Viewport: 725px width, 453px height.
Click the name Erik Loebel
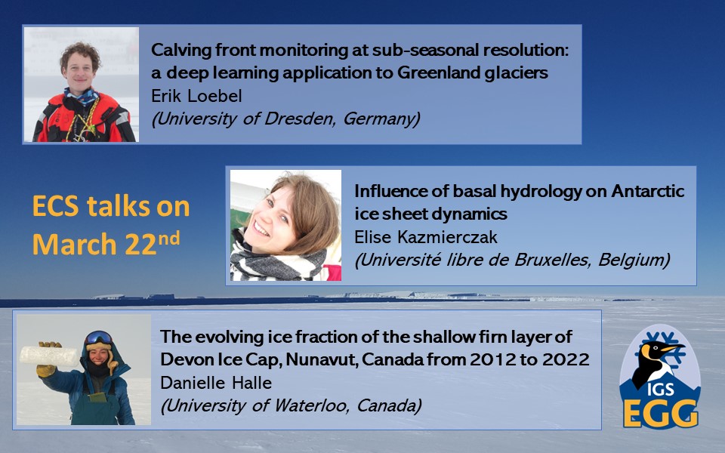[196, 96]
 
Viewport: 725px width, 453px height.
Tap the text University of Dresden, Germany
[285, 119]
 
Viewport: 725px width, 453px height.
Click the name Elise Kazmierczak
[426, 237]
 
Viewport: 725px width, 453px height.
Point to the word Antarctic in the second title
[648, 191]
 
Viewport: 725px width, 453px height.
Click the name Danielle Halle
[216, 383]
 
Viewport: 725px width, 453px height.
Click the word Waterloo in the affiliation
[310, 406]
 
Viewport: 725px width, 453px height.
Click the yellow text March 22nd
[106, 243]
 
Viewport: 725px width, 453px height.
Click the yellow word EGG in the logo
[660, 413]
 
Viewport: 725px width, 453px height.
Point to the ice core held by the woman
[49, 356]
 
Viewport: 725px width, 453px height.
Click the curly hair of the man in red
[80, 54]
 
